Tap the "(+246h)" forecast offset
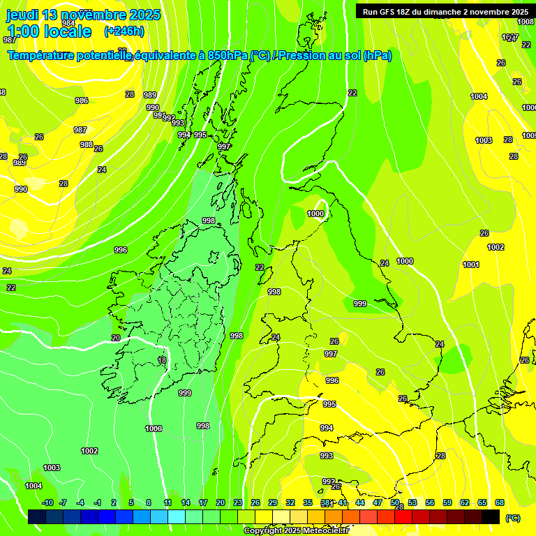tap(124, 31)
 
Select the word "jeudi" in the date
tap(23, 15)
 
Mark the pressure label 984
tap(68, 23)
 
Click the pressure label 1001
tap(471, 265)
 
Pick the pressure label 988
tap(87, 144)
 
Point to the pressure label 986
tap(82, 100)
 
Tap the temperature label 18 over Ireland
tap(162, 360)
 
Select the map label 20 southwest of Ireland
tap(116, 338)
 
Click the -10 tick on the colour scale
tap(47, 502)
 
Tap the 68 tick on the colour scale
tap(500, 502)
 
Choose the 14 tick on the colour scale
tap(186, 502)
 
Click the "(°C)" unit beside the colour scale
tap(512, 517)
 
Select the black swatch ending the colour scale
tap(491, 516)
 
